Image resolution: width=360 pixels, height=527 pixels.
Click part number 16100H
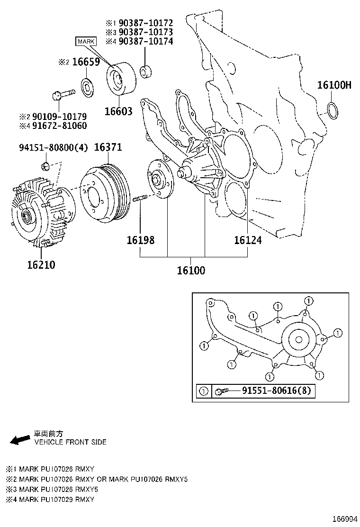(334, 85)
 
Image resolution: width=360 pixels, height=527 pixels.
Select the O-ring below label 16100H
(333, 109)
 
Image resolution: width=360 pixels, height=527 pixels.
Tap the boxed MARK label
(86, 42)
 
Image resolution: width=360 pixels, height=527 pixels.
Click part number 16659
(86, 63)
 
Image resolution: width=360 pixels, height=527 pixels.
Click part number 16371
(108, 147)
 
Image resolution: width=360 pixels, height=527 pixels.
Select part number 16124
(247, 240)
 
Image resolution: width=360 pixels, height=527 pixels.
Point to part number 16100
(191, 271)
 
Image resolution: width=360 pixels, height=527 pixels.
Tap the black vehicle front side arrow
(20, 440)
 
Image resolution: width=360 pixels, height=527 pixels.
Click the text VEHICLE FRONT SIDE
(70, 442)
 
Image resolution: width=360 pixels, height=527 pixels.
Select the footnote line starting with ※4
(50, 500)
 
